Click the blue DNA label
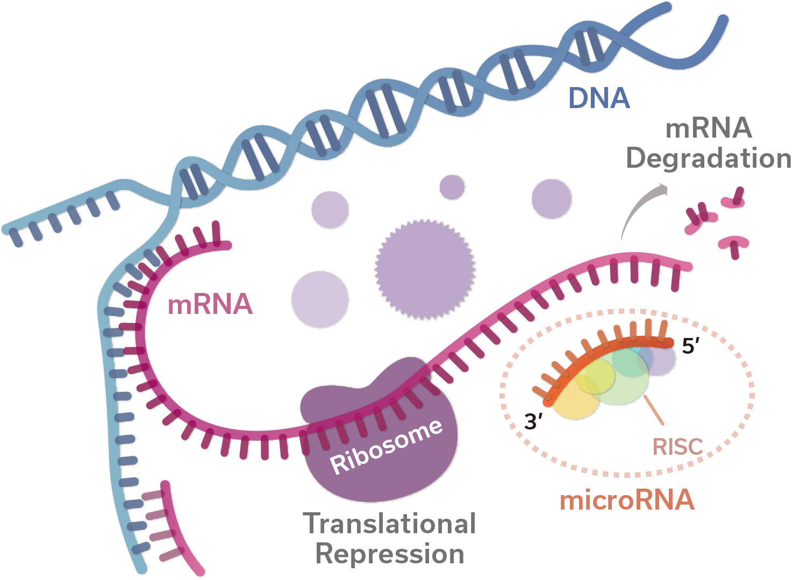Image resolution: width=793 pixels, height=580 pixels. tap(599, 98)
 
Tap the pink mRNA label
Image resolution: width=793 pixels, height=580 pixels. tap(210, 305)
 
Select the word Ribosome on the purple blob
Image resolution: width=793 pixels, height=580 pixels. tap(387, 447)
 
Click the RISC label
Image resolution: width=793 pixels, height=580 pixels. tap(677, 446)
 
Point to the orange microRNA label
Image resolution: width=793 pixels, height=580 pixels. tap(627, 500)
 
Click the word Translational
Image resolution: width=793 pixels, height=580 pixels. tap(389, 524)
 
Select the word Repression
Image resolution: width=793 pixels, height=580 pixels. tap(389, 554)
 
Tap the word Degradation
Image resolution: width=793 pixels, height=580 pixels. tap(709, 159)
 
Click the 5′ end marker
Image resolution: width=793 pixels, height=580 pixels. tap(690, 346)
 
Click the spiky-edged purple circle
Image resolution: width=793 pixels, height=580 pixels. tap(425, 269)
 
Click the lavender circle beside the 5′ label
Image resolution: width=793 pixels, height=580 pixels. tap(665, 361)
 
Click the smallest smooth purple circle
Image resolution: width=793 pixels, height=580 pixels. tap(452, 187)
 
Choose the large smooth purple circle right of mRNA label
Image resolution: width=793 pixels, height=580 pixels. tap(320, 299)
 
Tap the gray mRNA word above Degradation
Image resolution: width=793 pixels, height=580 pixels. tap(709, 128)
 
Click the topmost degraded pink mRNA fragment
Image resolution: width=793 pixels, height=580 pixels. tap(734, 199)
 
